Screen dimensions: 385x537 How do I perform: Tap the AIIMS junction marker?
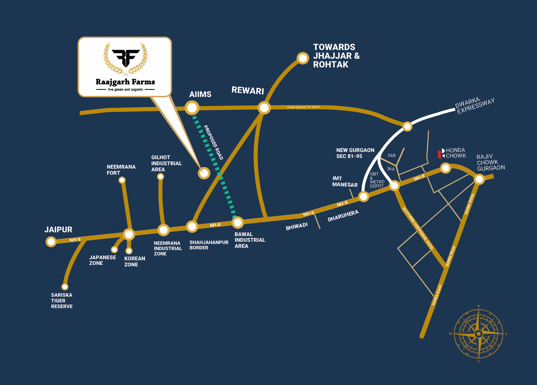(x=192, y=108)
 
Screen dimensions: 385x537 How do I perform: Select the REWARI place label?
(x=248, y=91)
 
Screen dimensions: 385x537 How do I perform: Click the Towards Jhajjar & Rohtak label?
(x=336, y=56)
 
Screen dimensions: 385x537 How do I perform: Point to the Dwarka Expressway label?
(x=475, y=106)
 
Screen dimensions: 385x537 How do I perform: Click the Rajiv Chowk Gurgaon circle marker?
(x=479, y=179)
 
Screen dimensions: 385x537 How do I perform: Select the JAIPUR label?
(x=58, y=230)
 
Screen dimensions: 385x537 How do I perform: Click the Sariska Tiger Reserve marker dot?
(x=65, y=287)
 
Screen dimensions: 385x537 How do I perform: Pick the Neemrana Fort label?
(x=121, y=170)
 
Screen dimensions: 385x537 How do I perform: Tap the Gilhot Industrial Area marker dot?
(x=160, y=177)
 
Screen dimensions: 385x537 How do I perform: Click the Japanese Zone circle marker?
(x=114, y=250)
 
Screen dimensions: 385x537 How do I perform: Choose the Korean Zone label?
(x=134, y=261)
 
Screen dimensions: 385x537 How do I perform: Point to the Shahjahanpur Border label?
(x=209, y=245)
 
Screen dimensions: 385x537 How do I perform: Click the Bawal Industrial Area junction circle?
(x=237, y=222)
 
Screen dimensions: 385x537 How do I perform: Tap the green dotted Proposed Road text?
(x=214, y=142)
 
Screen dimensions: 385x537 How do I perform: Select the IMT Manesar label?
(x=345, y=182)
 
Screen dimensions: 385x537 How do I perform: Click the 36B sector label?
(x=391, y=155)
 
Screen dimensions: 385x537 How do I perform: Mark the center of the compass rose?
(x=479, y=334)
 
